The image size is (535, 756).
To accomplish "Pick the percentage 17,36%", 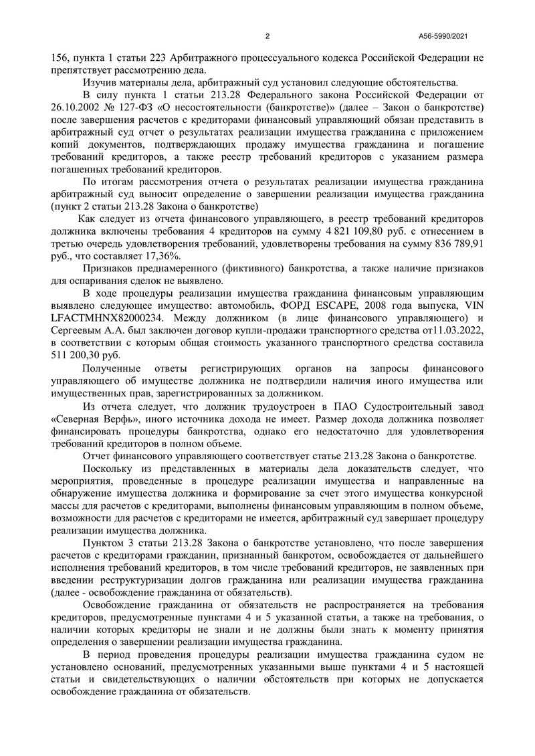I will pos(162,256).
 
